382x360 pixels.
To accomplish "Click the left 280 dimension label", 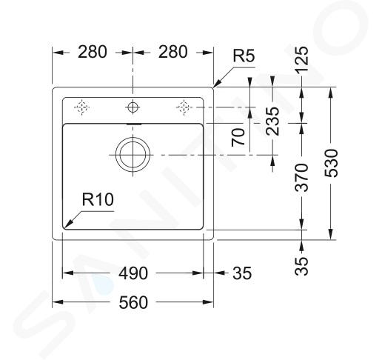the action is (x=93, y=52).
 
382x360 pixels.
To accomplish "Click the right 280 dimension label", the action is (x=172, y=52).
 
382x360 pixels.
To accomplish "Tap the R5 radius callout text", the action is (x=244, y=56).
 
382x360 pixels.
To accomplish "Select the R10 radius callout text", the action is (x=98, y=199).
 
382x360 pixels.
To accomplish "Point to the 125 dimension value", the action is (x=302, y=59).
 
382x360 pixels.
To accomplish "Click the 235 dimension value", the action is (x=272, y=121).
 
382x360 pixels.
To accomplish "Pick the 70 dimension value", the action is (x=238, y=137).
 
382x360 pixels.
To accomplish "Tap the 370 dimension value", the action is (x=302, y=178).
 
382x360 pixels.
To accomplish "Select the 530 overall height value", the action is (x=331, y=163).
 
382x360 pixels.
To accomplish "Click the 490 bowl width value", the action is (x=133, y=273).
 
